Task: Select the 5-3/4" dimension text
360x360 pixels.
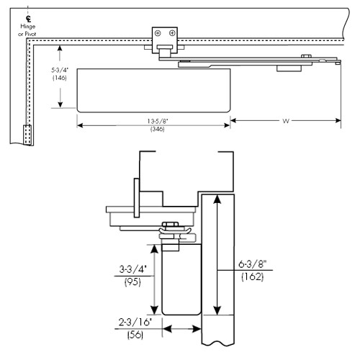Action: point(60,70)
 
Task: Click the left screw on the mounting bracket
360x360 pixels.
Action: point(158,33)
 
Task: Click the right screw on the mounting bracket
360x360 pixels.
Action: point(171,33)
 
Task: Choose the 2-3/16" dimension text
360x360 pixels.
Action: point(134,323)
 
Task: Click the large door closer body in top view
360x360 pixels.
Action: point(153,89)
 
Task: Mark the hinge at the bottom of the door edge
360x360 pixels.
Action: point(28,135)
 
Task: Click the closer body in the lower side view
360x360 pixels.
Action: point(181,281)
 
